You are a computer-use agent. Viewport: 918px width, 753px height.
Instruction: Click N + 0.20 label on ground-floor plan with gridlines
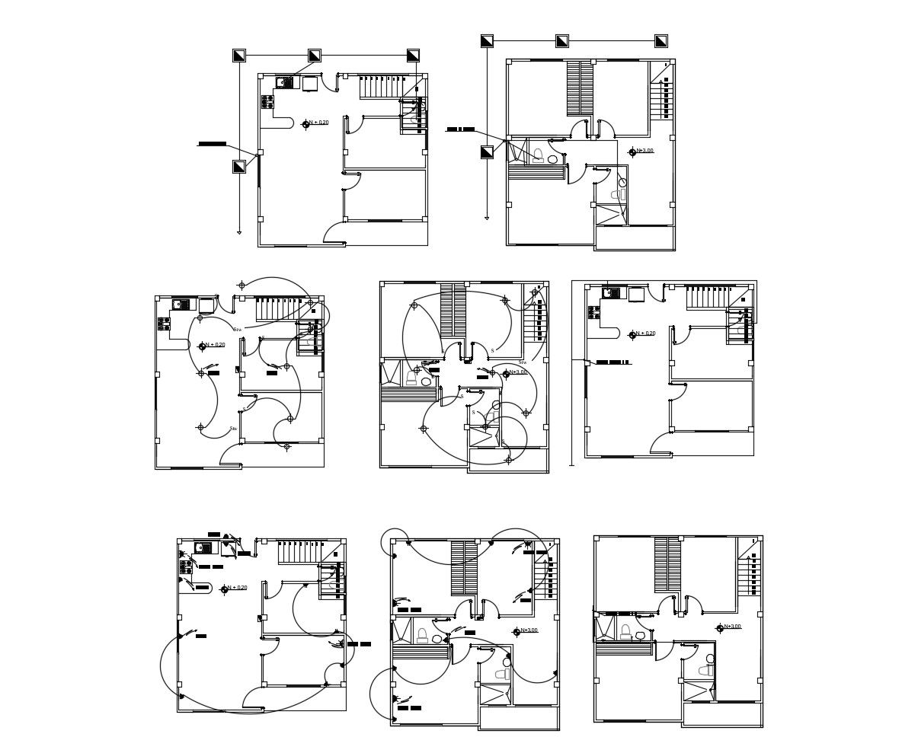pos(318,123)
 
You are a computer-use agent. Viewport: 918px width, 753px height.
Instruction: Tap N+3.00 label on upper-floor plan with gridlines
pos(645,151)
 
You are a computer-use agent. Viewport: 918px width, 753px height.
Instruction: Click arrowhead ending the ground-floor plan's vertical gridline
pos(239,231)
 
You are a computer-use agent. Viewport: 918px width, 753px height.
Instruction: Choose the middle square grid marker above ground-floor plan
pos(314,56)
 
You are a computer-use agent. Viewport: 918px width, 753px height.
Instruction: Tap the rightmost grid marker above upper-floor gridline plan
pos(661,41)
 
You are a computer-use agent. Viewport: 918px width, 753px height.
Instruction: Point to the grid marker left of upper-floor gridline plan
pos(487,152)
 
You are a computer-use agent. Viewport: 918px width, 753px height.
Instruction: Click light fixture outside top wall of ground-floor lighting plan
pos(241,286)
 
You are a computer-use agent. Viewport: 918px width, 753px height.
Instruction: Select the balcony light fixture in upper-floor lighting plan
pos(509,460)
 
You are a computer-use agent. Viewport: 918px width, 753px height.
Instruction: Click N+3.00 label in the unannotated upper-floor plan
pos(732,627)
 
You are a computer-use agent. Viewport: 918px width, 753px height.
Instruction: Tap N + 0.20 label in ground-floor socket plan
pos(236,588)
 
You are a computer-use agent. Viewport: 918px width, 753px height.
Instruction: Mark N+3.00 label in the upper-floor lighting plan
pos(517,372)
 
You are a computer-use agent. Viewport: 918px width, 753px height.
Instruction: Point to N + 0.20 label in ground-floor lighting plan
pos(215,345)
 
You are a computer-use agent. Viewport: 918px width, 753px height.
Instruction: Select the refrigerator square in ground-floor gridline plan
pos(310,84)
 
